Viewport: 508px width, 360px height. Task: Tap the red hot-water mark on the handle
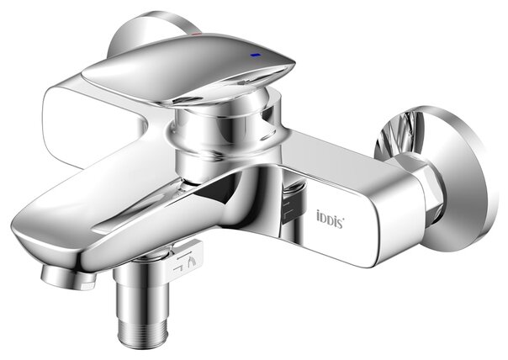tap(196, 34)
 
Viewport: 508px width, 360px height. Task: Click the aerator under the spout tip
tap(68, 279)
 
